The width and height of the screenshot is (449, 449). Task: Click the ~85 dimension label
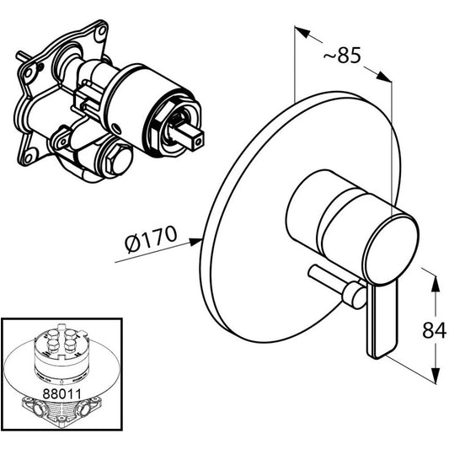(342, 56)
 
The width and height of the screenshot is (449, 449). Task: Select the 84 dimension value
(434, 330)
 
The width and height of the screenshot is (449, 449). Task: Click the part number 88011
(61, 393)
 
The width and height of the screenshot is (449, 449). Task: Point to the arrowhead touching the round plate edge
(195, 242)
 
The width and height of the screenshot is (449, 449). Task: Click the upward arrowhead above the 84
(436, 284)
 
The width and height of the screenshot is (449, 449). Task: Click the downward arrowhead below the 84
(436, 375)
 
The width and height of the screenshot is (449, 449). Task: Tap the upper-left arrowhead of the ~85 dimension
(302, 32)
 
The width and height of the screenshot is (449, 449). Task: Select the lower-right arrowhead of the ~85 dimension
(383, 77)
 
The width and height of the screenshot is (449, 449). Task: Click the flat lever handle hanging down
(382, 319)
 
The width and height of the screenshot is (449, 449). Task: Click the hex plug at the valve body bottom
(118, 160)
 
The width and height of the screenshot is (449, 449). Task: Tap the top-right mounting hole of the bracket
(102, 30)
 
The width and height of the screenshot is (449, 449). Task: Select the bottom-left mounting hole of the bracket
(28, 158)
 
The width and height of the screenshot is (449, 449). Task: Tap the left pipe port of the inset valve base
(38, 408)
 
